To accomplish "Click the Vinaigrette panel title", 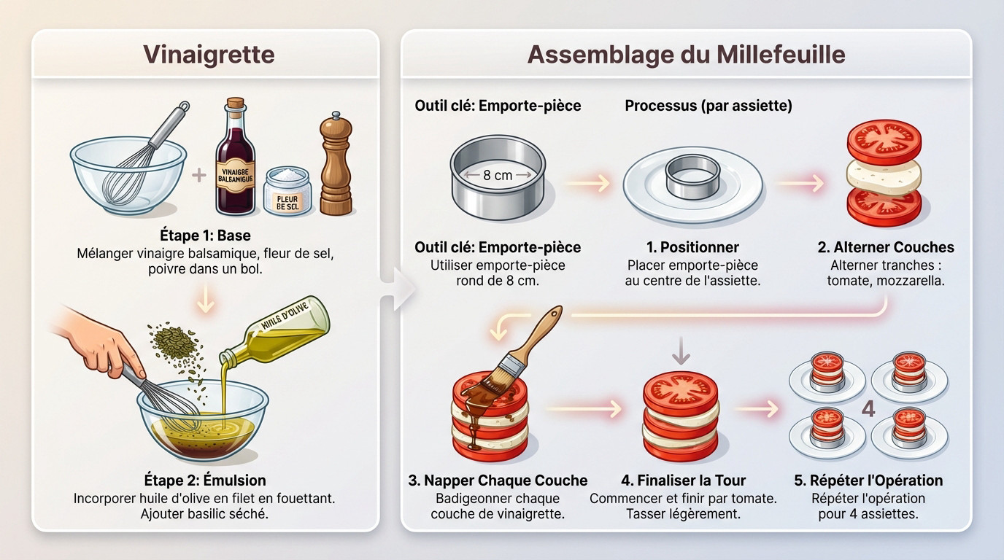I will pyautogui.click(x=208, y=55).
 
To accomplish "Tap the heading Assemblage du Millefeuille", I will pyautogui.click(x=686, y=55).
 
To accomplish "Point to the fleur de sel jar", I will pyautogui.click(x=287, y=191).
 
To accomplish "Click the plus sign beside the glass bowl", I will pyautogui.click(x=198, y=175).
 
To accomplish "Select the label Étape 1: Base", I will pyautogui.click(x=205, y=237).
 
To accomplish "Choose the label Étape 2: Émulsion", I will pyautogui.click(x=205, y=480).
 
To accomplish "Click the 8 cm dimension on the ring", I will pyautogui.click(x=498, y=175).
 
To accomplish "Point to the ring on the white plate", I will pyautogui.click(x=692, y=177).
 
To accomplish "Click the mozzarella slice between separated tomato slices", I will pyautogui.click(x=884, y=175).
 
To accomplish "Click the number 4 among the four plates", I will pyautogui.click(x=868, y=409).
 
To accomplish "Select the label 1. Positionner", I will pyautogui.click(x=692, y=247).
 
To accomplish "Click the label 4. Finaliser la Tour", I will pyautogui.click(x=683, y=481).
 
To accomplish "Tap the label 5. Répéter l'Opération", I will pyautogui.click(x=868, y=481).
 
